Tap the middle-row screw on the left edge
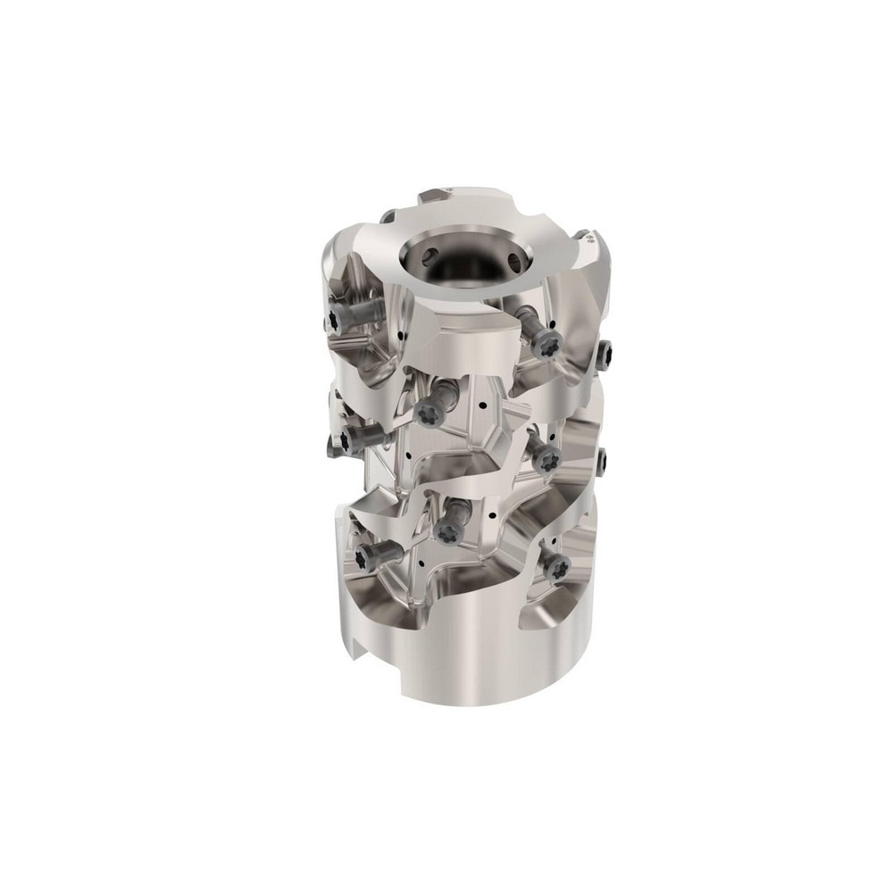click(x=351, y=438)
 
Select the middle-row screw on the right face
click(x=547, y=458)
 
